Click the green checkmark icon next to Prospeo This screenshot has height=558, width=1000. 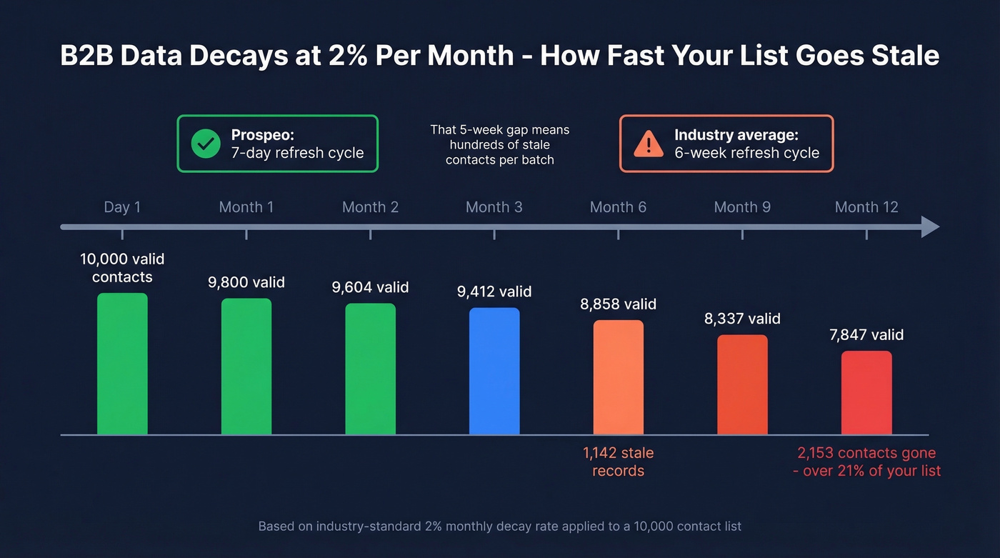[206, 144]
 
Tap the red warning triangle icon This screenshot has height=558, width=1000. [648, 144]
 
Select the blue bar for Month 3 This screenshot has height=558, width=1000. [494, 371]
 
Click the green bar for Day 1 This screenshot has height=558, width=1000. [122, 364]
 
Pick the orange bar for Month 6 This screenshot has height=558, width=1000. [619, 377]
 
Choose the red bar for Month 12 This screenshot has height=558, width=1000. [866, 392]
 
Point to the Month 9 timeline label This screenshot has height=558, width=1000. [742, 207]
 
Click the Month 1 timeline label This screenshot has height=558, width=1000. [246, 207]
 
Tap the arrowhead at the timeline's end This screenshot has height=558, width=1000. [930, 227]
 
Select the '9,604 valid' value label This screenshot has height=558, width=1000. [370, 287]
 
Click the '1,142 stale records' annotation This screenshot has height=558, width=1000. [619, 462]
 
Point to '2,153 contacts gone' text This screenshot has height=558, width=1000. [866, 453]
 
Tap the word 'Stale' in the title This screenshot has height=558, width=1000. [902, 56]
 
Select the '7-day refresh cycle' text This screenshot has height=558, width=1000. [298, 153]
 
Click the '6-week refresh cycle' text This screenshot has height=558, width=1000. [746, 153]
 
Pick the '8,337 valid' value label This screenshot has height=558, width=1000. [742, 319]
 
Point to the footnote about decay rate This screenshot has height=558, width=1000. [499, 527]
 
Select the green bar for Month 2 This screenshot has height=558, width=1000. [370, 369]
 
